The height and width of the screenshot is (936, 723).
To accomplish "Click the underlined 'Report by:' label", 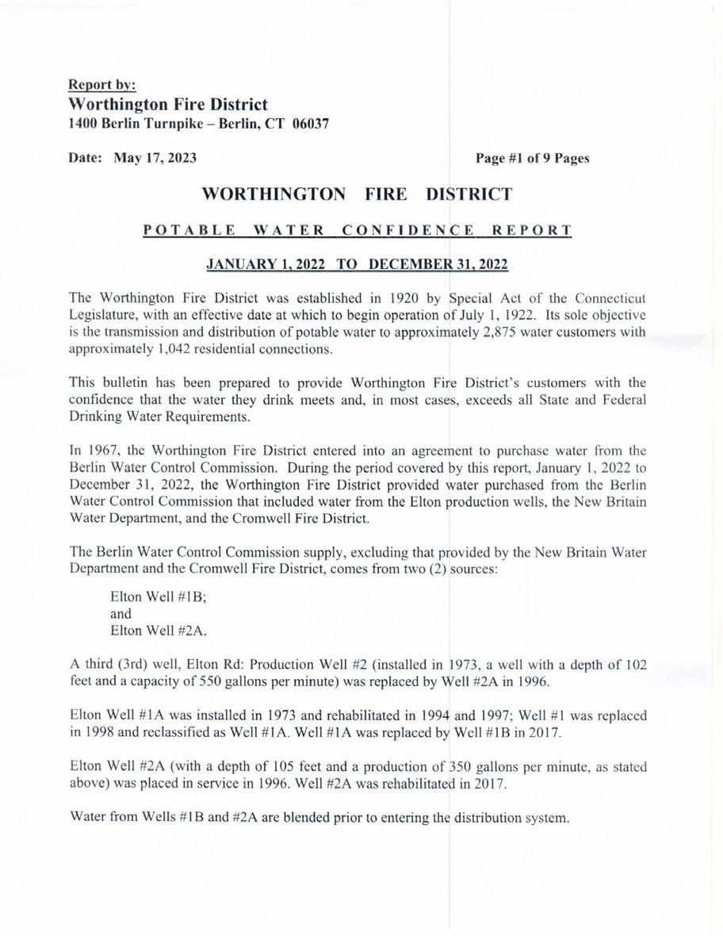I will pyautogui.click(x=101, y=84).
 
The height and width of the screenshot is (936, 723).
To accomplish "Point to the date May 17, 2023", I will pyautogui.click(x=155, y=158).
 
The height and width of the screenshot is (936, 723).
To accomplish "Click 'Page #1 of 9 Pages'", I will pyautogui.click(x=532, y=158).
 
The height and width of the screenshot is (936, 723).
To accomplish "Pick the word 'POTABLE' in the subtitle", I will pyautogui.click(x=189, y=231).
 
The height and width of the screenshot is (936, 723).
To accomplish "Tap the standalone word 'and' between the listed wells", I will pyautogui.click(x=121, y=614).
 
